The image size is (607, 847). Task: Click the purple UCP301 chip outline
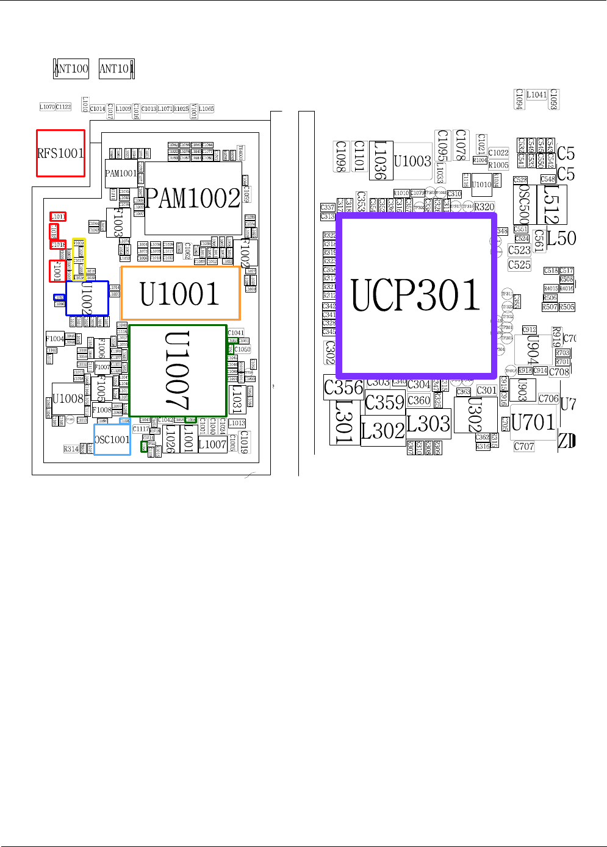[x=417, y=294]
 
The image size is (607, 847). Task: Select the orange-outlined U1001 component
[x=180, y=293]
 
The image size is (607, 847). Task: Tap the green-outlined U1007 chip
[x=178, y=370]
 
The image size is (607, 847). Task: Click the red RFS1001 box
[x=60, y=154]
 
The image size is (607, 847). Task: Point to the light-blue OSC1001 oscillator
[x=112, y=439]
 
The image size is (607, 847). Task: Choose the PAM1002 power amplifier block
[x=193, y=198]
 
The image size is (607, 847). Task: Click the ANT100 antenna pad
[x=71, y=69]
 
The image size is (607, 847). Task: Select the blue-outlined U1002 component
[x=87, y=298]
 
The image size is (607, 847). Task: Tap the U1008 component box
[x=68, y=399]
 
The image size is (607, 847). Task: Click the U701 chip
[x=533, y=422]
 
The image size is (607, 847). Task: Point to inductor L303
[x=428, y=423]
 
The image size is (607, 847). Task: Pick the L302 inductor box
[x=383, y=431]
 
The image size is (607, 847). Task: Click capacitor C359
[x=385, y=403]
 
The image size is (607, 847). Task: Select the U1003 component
[x=412, y=161]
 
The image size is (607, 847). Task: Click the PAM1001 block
[x=121, y=174]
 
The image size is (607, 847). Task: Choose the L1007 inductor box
[x=212, y=445]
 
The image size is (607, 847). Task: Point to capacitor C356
[x=343, y=388]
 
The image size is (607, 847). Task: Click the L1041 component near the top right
[x=537, y=95]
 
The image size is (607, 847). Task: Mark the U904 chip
[x=533, y=350]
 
